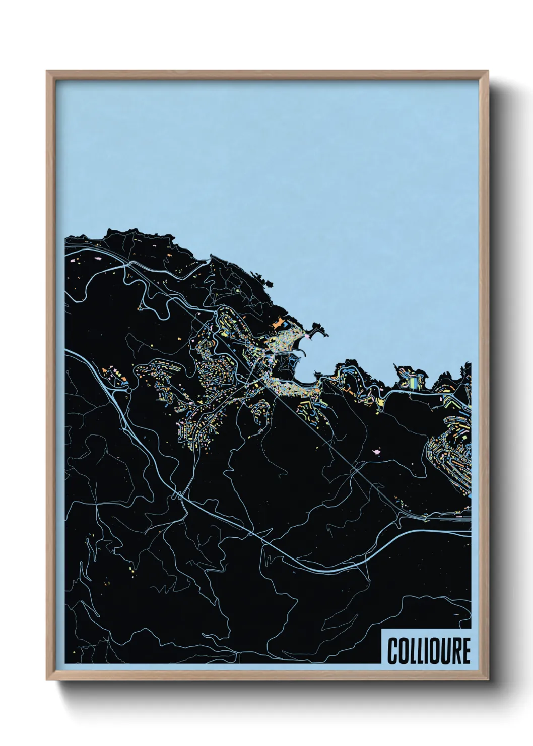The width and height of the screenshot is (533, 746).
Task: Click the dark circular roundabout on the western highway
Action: coord(129,390)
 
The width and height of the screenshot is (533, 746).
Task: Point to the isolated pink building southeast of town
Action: coord(375,453)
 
